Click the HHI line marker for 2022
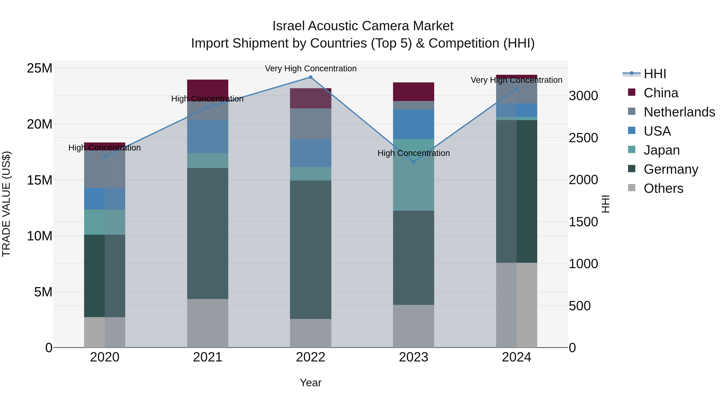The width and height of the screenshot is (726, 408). pyautogui.click(x=310, y=77)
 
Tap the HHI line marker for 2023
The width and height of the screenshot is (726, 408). pyautogui.click(x=413, y=162)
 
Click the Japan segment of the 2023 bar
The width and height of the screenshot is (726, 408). pyautogui.click(x=413, y=174)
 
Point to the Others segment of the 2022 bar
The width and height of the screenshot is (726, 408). pyautogui.click(x=310, y=333)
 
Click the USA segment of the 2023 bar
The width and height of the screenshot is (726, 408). pyautogui.click(x=413, y=124)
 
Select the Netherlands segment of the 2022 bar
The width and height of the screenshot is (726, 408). pyautogui.click(x=310, y=124)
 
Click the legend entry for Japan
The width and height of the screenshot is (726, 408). pyautogui.click(x=661, y=150)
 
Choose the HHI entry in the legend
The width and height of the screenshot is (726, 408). pyautogui.click(x=654, y=74)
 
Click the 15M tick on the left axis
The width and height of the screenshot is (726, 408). pyautogui.click(x=40, y=180)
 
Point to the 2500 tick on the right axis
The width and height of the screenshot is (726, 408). pyautogui.click(x=583, y=138)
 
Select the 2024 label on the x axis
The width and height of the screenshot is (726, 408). pyautogui.click(x=516, y=357)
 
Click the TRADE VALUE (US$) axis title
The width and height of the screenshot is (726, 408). pyautogui.click(x=6, y=204)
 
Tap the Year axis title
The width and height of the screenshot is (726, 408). pyautogui.click(x=310, y=383)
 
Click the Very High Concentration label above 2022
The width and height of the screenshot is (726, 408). pyautogui.click(x=311, y=69)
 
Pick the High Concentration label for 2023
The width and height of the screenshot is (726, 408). pyautogui.click(x=413, y=153)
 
